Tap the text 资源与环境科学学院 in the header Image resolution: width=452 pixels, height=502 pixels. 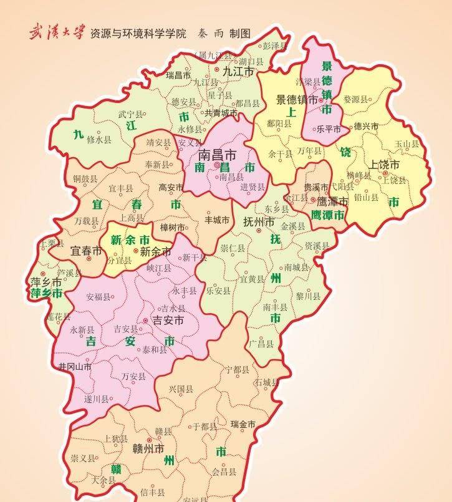138,33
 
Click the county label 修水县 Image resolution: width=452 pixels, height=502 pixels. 99,140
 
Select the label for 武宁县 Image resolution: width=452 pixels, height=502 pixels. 130,115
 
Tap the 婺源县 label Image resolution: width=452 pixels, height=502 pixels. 355,99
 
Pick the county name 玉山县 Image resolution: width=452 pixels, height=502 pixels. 406,143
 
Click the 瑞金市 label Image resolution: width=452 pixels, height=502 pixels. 243,424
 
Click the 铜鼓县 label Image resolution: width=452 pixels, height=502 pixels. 85,179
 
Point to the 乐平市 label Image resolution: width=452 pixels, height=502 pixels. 329,129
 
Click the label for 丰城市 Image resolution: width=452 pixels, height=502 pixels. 217,220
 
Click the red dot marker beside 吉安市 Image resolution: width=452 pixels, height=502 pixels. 145,320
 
